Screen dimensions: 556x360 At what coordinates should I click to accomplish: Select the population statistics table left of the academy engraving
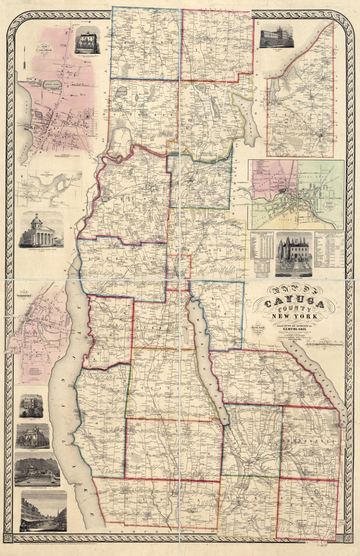click(x=262, y=245)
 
